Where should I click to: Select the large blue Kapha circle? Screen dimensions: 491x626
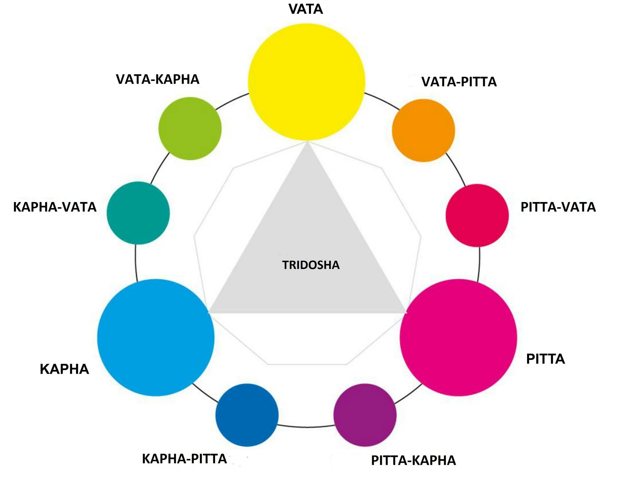(x=156, y=338)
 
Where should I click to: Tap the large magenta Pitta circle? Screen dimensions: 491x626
(x=458, y=338)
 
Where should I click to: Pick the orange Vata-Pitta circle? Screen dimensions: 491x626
(x=423, y=130)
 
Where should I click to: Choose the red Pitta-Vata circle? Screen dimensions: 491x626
(x=477, y=215)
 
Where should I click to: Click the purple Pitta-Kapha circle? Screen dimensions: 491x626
(x=365, y=415)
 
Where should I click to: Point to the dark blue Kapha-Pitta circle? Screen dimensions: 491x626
(x=247, y=415)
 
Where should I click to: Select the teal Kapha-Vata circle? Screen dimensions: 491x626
(x=138, y=213)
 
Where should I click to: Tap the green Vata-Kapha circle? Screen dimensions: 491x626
(x=190, y=128)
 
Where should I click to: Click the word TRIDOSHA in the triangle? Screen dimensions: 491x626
(x=311, y=265)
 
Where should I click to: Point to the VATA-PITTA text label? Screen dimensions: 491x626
(x=459, y=82)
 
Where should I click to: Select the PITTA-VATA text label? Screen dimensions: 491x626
(x=558, y=207)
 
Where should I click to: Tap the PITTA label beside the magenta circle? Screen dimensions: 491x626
(x=545, y=359)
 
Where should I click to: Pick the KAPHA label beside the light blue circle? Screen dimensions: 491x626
(x=64, y=369)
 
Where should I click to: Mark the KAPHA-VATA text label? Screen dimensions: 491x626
(x=55, y=207)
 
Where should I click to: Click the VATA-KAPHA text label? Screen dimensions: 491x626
(x=158, y=79)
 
